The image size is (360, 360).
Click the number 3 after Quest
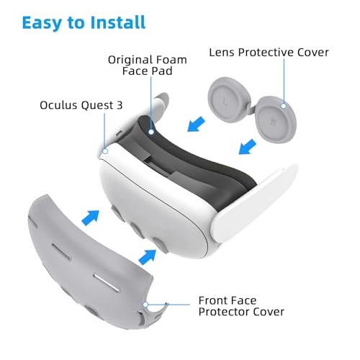click(119, 105)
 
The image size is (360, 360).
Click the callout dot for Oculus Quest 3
click(104, 150)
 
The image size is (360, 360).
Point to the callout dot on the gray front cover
click(145, 304)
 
